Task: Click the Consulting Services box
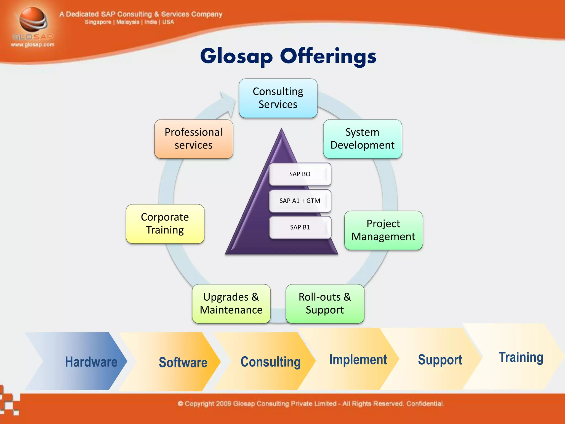[x=278, y=98]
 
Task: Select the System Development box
[x=362, y=139]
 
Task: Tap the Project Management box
[x=383, y=230]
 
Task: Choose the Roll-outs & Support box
[x=325, y=303]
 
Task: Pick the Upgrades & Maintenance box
[x=231, y=303]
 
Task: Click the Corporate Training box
[x=165, y=224]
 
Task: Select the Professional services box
[x=193, y=139]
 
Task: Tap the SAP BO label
[x=300, y=174]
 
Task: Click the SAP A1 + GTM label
[x=300, y=201]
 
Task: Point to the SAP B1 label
[x=300, y=227]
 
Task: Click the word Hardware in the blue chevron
[x=91, y=362]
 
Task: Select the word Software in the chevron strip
[x=183, y=362]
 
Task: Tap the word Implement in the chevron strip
[x=358, y=360]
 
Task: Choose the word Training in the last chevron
[x=521, y=357]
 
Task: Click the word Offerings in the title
[x=328, y=56]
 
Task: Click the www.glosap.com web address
[x=33, y=45]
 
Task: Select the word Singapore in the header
[x=98, y=22]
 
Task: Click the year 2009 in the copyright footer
[x=223, y=404]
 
